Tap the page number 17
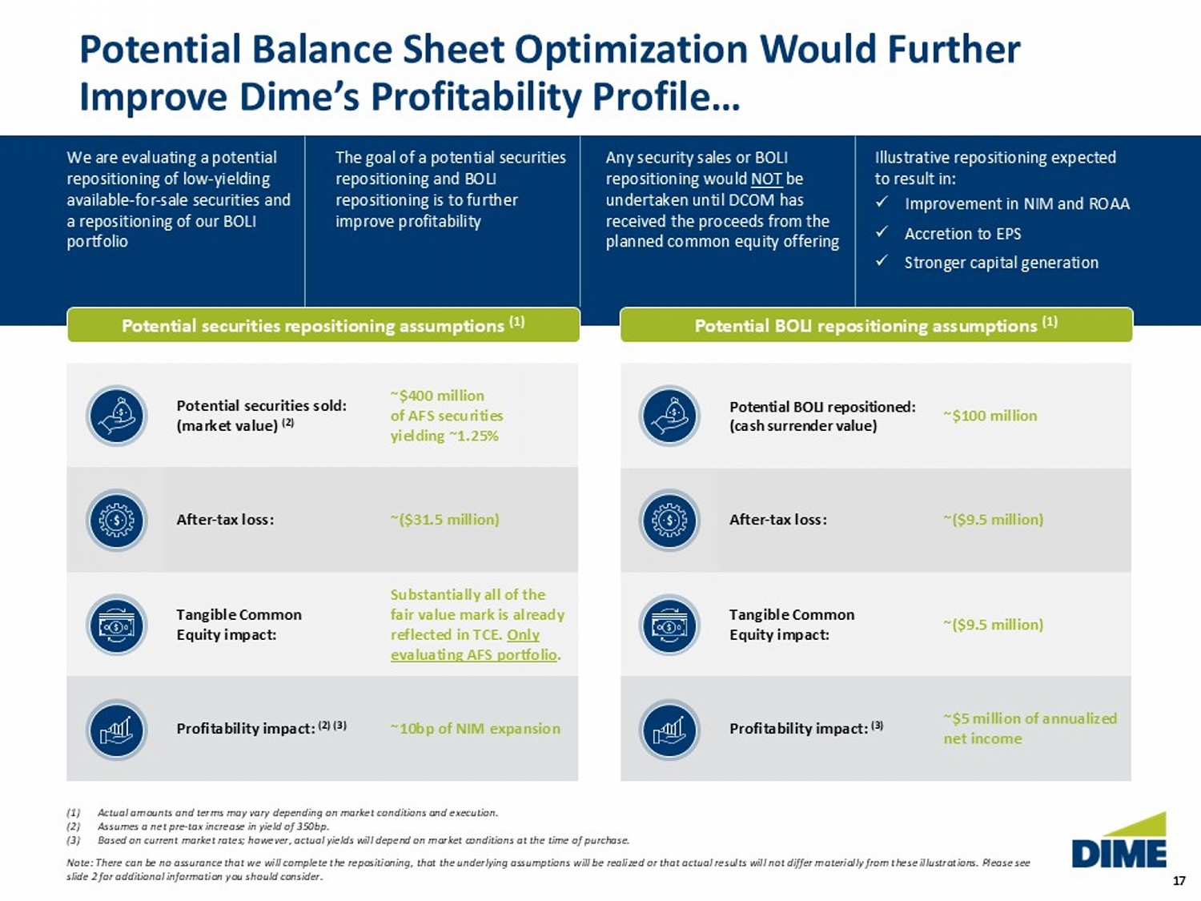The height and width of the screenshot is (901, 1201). [1179, 881]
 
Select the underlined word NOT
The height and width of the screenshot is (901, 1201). [765, 179]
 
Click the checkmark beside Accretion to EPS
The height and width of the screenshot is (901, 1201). [882, 232]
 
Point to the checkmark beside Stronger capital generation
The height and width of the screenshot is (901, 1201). [882, 261]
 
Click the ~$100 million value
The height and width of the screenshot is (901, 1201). [990, 416]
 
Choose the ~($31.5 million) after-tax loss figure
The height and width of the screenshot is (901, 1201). [444, 519]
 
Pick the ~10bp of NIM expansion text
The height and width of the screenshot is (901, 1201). [475, 728]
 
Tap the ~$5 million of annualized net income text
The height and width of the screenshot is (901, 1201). [1029, 728]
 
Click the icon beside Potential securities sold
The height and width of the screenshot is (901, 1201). [117, 416]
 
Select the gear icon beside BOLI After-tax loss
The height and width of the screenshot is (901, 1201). [669, 521]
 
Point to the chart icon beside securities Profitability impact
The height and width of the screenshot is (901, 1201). [117, 730]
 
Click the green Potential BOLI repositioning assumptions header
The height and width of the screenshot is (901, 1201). [876, 325]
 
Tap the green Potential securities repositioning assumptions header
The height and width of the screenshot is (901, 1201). [323, 325]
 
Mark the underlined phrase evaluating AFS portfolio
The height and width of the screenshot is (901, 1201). [473, 654]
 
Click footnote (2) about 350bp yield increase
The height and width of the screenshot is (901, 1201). [212, 827]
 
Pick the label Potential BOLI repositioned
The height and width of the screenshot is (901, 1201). [821, 407]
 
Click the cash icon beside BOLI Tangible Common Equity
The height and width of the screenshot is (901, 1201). [669, 625]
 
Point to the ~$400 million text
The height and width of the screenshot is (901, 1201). [437, 396]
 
